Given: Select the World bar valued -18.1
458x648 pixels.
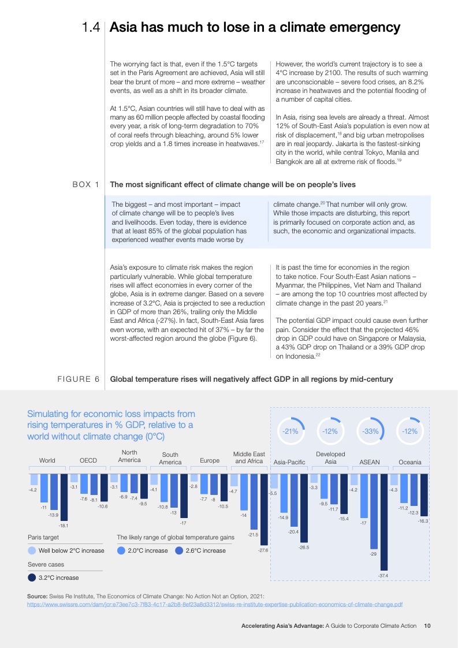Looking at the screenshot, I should click(x=64, y=497).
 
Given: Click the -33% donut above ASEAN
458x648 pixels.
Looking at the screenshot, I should click(x=370, y=431).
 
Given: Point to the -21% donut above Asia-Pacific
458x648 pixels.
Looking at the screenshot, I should click(x=289, y=431).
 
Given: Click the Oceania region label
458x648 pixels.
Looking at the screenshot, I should click(x=410, y=462).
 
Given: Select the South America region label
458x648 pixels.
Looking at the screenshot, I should click(x=170, y=459).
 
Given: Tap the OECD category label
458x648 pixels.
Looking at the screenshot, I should click(x=88, y=460).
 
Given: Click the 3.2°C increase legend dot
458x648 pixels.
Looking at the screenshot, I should click(x=32, y=577).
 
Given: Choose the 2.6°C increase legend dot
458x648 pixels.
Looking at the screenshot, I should click(x=178, y=550).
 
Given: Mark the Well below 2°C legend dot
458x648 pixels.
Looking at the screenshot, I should click(x=32, y=550).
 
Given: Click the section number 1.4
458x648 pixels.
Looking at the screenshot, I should click(x=92, y=27).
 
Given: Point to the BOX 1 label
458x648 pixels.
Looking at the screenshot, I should click(x=86, y=185).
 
